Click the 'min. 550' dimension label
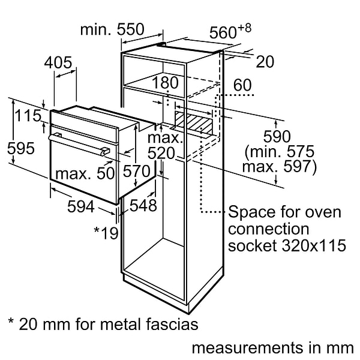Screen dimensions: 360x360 (x=113, y=29)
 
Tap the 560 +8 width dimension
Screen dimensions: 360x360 (x=230, y=32)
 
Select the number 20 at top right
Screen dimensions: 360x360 (x=265, y=61)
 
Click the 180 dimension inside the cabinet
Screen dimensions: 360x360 (x=166, y=83)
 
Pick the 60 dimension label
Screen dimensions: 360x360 (x=242, y=85)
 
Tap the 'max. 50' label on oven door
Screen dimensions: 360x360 (x=85, y=175)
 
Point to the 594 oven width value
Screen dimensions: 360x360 (x=80, y=206)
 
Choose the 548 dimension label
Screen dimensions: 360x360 (x=143, y=206)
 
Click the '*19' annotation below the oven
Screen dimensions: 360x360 (x=106, y=232)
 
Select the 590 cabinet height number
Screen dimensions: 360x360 (x=277, y=137)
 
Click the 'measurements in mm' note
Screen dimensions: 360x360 (x=272, y=347)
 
